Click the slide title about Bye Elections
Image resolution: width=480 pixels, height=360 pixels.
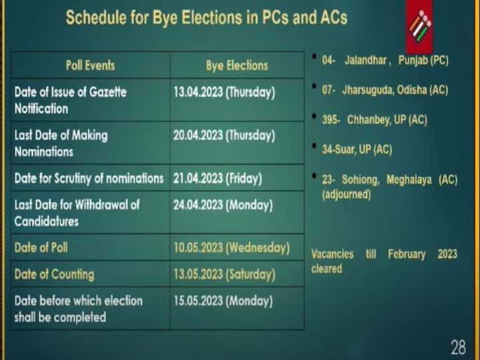[x=206, y=18]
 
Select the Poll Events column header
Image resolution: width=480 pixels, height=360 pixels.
[x=90, y=65]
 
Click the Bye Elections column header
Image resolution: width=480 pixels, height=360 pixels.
[x=237, y=65]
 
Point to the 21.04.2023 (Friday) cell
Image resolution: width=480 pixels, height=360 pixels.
[x=217, y=178]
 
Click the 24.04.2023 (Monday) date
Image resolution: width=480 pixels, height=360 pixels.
[x=223, y=205]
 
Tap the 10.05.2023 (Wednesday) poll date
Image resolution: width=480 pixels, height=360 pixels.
[x=231, y=247]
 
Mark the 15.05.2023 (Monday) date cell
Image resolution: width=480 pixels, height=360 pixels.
[x=223, y=301]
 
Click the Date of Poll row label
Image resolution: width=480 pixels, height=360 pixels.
[x=41, y=247]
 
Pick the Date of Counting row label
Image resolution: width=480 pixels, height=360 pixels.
[x=54, y=274]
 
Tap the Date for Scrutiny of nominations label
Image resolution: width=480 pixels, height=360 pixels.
[x=89, y=178]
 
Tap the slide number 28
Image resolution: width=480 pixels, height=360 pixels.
[x=458, y=347]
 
